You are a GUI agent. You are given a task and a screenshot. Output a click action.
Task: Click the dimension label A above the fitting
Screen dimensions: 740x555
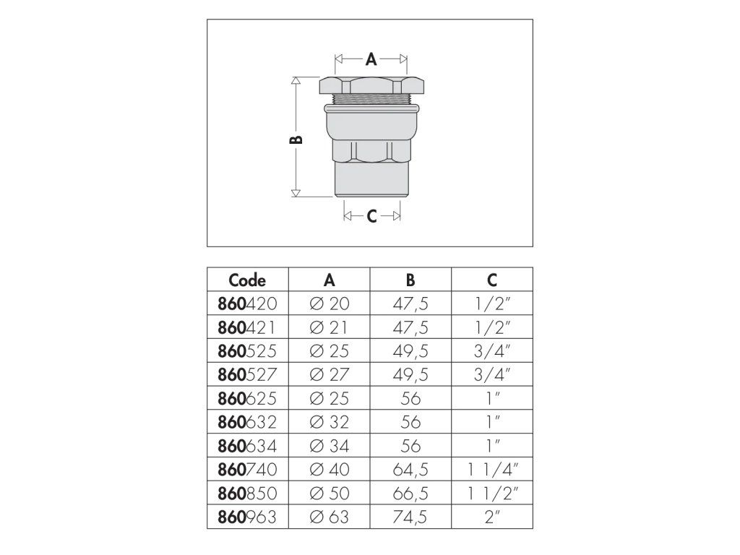point(371,61)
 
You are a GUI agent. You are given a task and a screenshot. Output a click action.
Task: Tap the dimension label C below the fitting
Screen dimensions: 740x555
point(371,216)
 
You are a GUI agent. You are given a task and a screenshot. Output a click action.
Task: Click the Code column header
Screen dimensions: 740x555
point(247,280)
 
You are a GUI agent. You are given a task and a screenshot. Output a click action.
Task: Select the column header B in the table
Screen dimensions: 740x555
point(410,280)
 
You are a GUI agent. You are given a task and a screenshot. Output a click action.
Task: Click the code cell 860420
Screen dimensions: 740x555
point(248,304)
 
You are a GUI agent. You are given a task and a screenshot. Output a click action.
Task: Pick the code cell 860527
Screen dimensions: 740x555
point(248,374)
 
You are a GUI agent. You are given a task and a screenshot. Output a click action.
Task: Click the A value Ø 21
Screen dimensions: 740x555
point(329,327)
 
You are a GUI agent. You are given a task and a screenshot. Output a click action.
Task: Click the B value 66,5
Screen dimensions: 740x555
point(410,493)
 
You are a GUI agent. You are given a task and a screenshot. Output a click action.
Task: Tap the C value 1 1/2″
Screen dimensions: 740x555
point(492,493)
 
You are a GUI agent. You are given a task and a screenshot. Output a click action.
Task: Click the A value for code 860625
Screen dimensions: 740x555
point(329,398)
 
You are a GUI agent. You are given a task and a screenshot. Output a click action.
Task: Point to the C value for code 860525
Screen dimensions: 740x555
point(492,351)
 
